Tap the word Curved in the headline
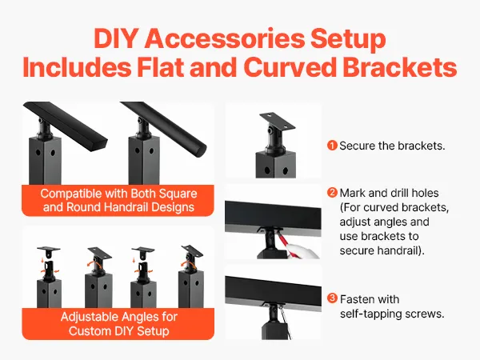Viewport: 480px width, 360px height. point(290,67)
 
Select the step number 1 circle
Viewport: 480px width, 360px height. point(332,146)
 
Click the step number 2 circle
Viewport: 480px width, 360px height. point(332,193)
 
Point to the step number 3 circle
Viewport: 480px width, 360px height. point(332,298)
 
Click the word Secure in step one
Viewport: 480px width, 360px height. point(357,146)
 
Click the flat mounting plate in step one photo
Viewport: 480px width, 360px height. point(277,120)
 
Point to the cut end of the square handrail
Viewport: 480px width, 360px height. point(99,145)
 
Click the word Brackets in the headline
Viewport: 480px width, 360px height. point(400,67)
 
